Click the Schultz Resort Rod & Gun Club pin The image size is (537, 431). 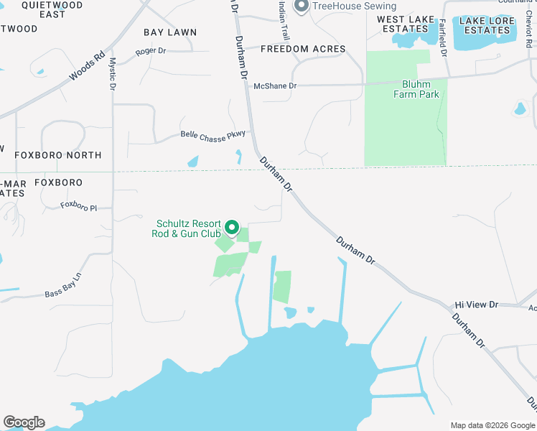click(x=232, y=228)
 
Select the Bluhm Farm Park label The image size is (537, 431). click(x=416, y=89)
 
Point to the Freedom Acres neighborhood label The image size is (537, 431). click(x=303, y=49)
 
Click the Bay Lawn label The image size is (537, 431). click(x=170, y=32)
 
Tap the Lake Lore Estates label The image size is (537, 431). click(x=487, y=25)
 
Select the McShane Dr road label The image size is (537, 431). click(x=275, y=86)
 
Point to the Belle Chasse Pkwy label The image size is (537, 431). click(x=213, y=134)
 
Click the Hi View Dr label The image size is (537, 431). click(x=476, y=305)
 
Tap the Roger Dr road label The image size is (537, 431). click(x=151, y=51)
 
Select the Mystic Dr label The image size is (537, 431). click(x=112, y=73)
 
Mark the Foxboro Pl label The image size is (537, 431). click(x=78, y=206)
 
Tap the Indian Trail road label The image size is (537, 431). click(x=284, y=21)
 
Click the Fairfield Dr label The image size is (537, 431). click(x=443, y=40)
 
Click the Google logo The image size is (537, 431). click(x=24, y=422)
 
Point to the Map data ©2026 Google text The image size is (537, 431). click(x=492, y=425)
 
